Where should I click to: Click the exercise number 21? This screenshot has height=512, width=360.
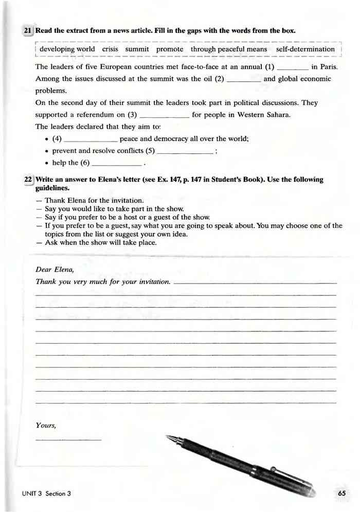28,31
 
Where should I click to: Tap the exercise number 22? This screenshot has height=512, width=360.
28,180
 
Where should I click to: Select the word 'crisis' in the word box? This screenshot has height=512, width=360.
110,49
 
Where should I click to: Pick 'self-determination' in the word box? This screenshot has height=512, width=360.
305,49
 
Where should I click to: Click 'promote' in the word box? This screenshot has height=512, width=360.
170,49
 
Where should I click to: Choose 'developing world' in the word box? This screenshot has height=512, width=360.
67,49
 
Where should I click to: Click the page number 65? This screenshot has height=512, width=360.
343,493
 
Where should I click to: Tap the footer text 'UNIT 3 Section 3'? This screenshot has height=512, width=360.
46,493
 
